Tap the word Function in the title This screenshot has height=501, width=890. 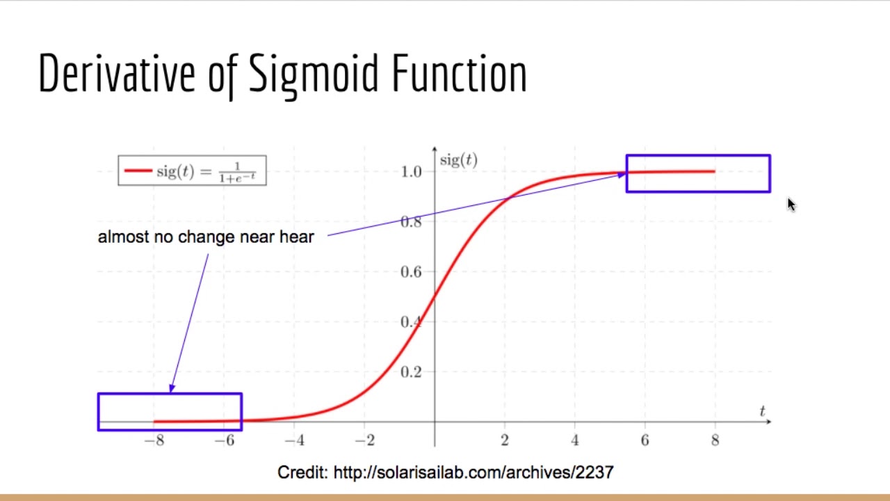click(x=460, y=73)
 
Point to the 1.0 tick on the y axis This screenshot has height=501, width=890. click(x=411, y=172)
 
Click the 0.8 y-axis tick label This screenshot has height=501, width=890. click(x=411, y=222)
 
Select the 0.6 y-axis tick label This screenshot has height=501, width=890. click(x=411, y=272)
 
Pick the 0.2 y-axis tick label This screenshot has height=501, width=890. click(x=411, y=372)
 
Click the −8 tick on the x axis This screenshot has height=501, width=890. click(x=154, y=440)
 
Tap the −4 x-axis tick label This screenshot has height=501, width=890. click(x=294, y=440)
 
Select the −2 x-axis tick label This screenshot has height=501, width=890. click(x=364, y=440)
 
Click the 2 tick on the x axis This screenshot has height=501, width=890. click(x=505, y=440)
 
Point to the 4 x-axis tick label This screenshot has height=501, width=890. click(x=575, y=440)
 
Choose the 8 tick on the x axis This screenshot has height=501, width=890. click(x=715, y=440)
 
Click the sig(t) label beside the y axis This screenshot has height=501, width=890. click(x=458, y=161)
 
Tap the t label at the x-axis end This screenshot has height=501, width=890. click(x=762, y=411)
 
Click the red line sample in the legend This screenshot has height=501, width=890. click(x=138, y=171)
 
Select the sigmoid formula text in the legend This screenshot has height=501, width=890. click(x=206, y=172)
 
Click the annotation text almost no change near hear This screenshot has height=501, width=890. click(x=206, y=237)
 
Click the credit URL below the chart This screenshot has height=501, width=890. click(x=474, y=472)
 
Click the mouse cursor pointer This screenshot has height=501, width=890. click(x=791, y=204)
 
